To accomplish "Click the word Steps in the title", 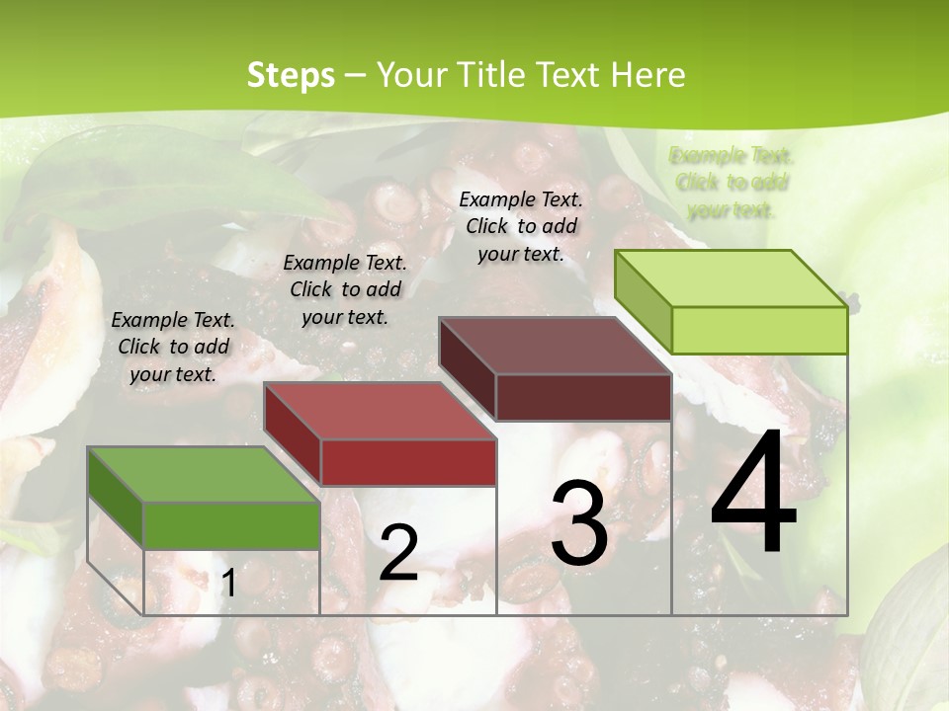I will (291, 76).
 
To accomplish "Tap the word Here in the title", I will (648, 76).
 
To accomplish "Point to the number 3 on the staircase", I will (578, 523).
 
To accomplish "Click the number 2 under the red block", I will (398, 553).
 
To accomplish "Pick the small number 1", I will (228, 584).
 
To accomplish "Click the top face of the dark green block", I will (203, 475).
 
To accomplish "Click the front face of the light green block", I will (759, 330).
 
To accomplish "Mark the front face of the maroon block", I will (583, 397).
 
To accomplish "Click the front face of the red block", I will (408, 462).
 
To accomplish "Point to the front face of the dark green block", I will (231, 525).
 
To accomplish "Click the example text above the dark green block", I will (173, 347).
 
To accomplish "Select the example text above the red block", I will (345, 289).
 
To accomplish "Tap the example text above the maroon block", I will (521, 226).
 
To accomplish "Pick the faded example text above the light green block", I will (732, 183).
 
